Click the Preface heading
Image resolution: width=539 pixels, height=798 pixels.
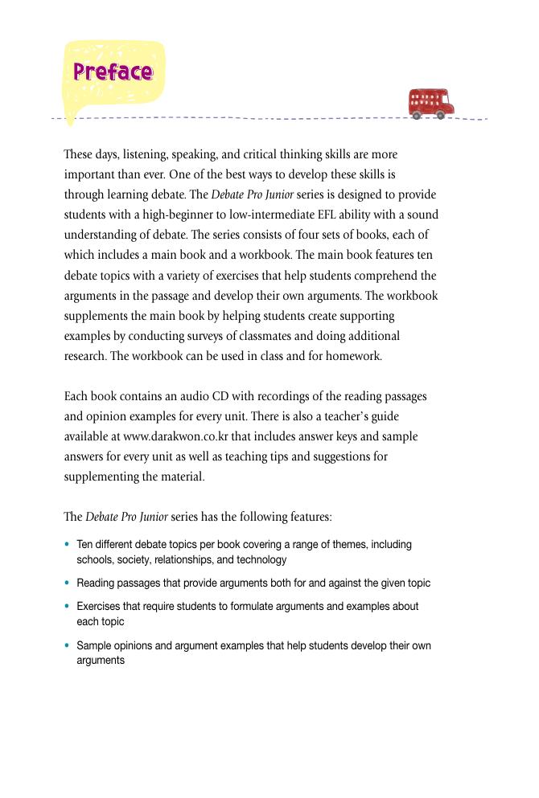point(113,72)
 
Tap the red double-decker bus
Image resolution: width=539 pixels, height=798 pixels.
point(430,104)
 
